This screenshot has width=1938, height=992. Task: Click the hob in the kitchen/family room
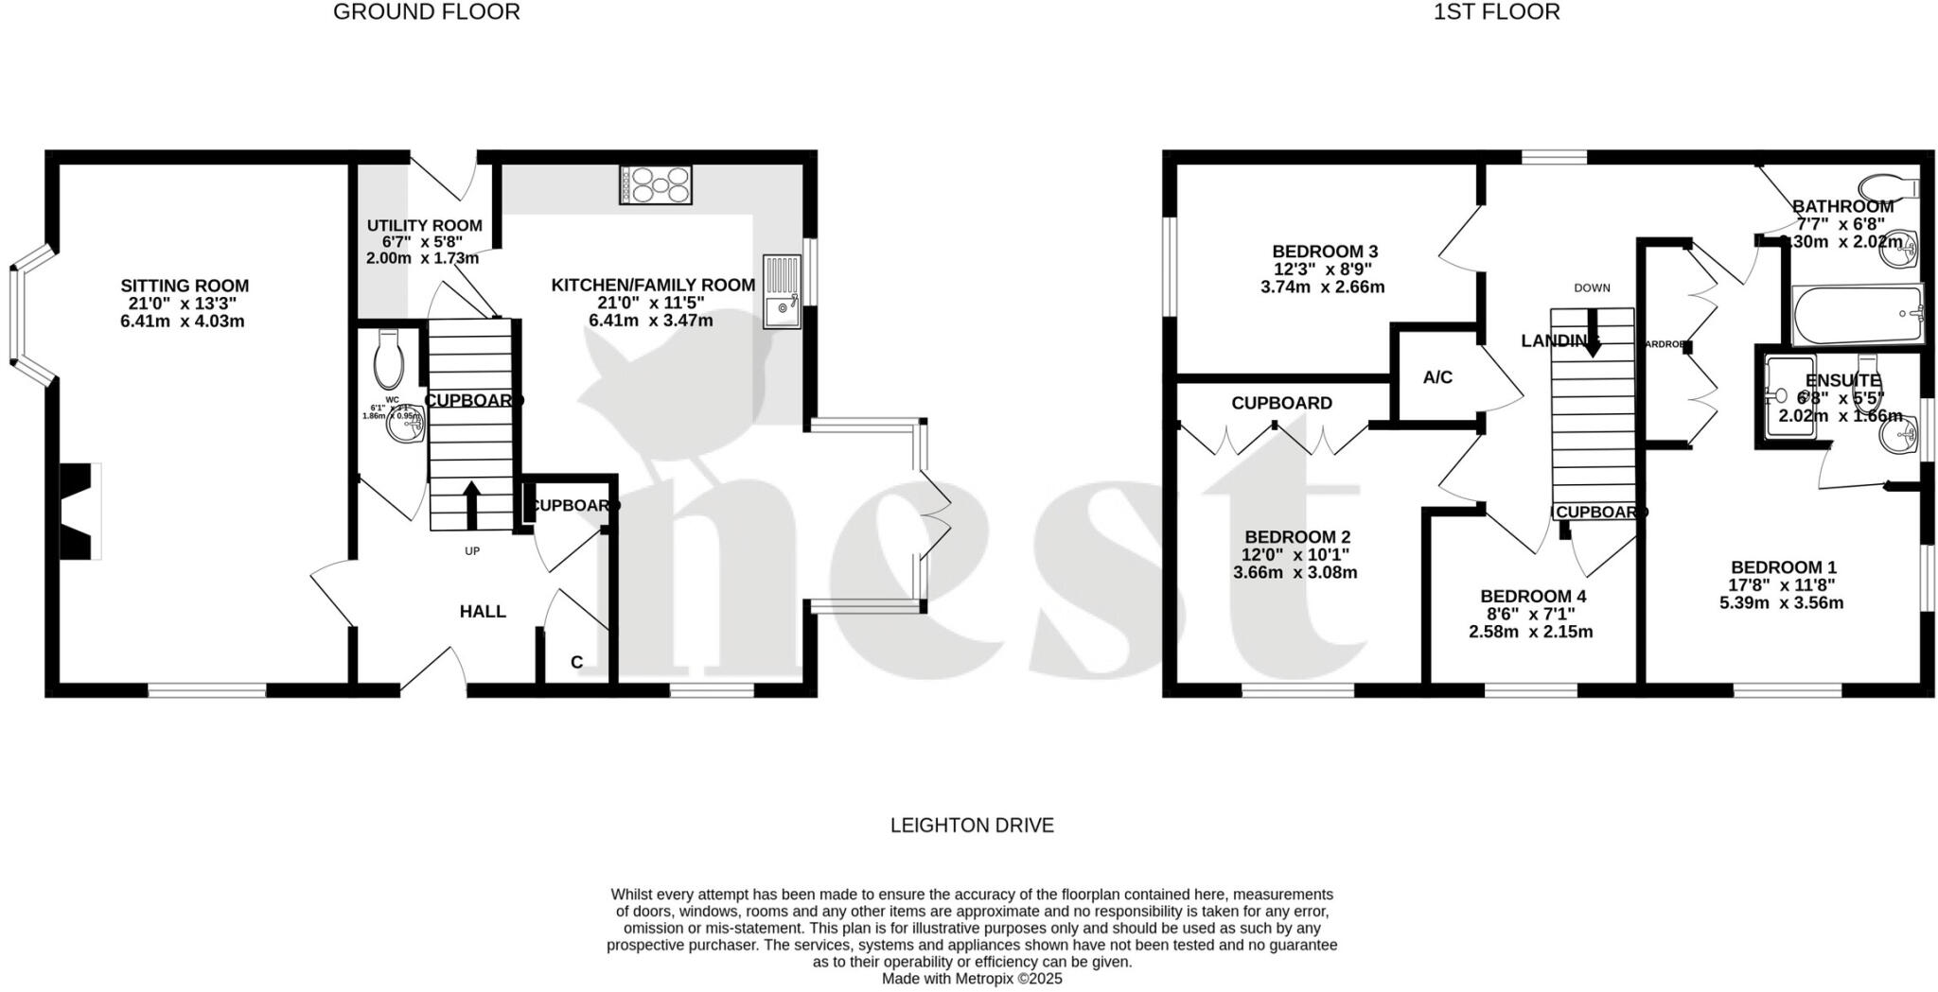pos(656,184)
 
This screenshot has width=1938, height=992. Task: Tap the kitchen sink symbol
pos(782,292)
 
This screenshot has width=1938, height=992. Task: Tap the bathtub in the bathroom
pos(1857,315)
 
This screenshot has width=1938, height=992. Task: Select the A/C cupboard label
pos(1437,377)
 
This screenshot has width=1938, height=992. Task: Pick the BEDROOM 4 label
pos(1532,597)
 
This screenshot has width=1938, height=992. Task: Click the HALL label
pos(483,612)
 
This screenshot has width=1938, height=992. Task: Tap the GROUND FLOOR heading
pos(426,12)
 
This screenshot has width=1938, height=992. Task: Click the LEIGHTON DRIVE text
pos(972,826)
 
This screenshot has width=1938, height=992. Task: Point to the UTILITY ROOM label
pos(424,226)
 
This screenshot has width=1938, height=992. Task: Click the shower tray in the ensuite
pos(1789,396)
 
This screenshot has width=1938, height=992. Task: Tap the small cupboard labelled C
pos(576,662)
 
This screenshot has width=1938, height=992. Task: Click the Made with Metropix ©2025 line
pos(972,979)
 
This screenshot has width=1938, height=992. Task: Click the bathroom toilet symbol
pos(1886,185)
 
